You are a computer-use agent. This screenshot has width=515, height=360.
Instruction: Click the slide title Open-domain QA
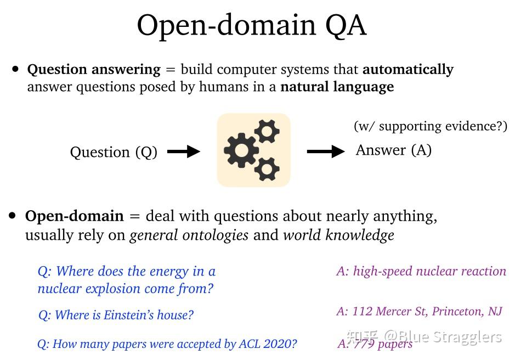(251, 25)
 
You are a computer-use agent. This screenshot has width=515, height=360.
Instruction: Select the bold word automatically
(408, 70)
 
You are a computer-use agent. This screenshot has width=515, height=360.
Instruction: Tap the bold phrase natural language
(337, 87)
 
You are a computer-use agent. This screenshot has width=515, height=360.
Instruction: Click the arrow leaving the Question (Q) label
(183, 152)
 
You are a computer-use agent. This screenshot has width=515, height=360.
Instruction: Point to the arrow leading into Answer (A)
(326, 151)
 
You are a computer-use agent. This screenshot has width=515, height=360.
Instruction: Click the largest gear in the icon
(241, 149)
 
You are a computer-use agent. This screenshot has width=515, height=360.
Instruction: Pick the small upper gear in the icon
(267, 131)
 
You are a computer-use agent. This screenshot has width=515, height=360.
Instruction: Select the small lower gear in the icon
(267, 168)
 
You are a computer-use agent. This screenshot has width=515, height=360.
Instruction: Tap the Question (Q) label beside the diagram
(114, 152)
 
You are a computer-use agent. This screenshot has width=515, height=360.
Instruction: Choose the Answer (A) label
(393, 150)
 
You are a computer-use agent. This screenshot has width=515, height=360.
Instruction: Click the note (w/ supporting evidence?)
(430, 126)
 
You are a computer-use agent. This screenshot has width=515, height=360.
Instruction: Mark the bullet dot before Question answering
(15, 69)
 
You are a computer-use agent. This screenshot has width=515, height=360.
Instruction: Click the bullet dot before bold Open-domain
(13, 216)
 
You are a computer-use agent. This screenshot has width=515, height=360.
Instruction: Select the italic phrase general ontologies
(189, 235)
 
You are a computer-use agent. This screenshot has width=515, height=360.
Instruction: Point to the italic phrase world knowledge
(338, 235)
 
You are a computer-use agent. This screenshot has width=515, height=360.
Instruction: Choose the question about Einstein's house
(116, 315)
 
